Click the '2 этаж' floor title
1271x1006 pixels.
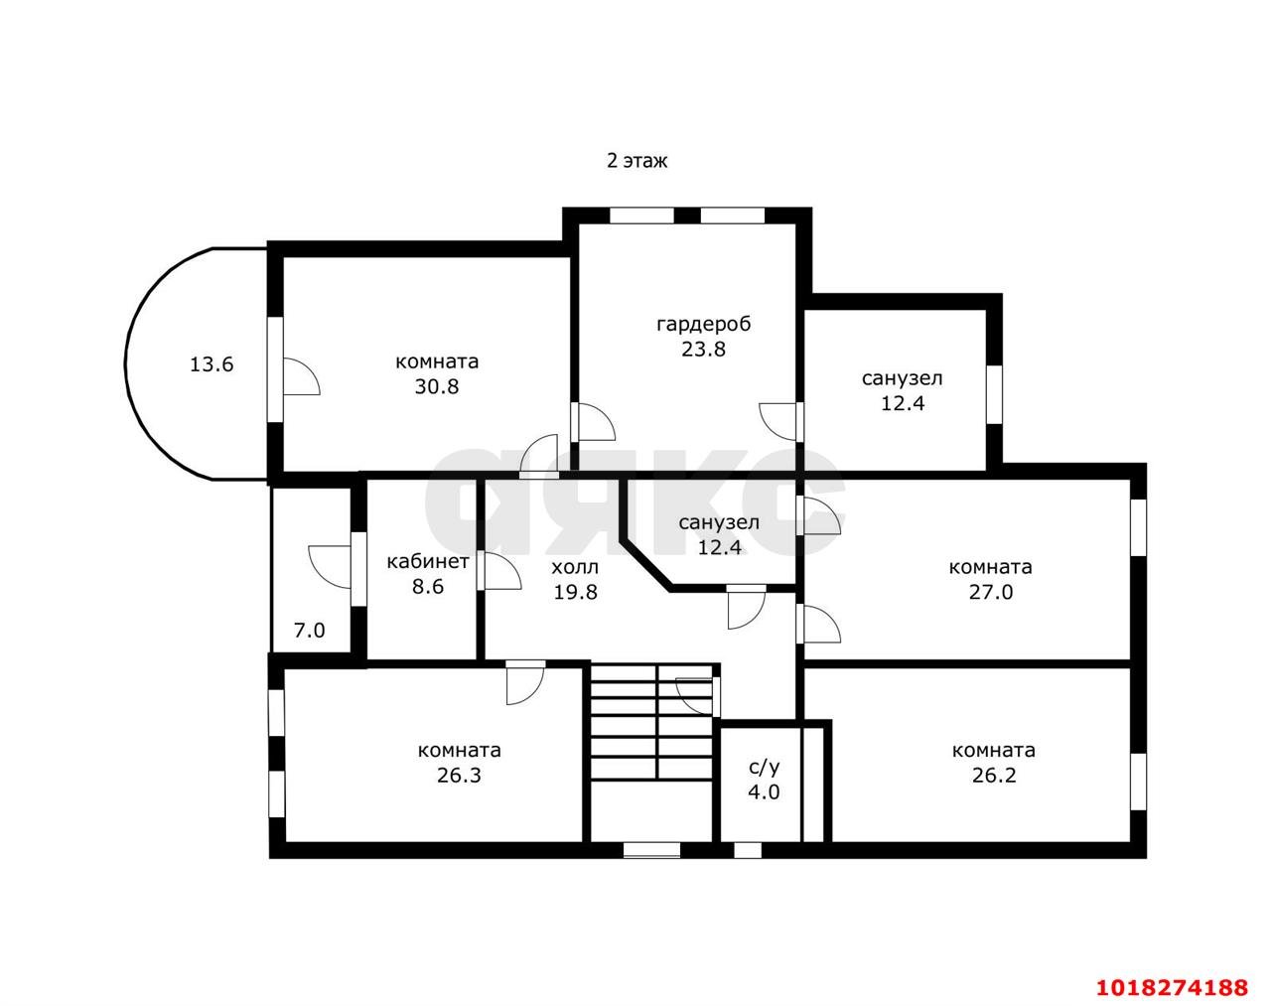click(636, 161)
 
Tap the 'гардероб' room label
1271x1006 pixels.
click(703, 324)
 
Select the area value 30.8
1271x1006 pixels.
click(437, 386)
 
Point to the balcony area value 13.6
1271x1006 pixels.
click(212, 363)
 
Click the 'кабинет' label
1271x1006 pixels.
click(428, 561)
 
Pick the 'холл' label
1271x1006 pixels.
click(575, 567)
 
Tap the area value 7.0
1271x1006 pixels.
click(310, 631)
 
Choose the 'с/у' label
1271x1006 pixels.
click(764, 767)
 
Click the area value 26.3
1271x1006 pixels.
click(459, 775)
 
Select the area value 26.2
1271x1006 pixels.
click(994, 775)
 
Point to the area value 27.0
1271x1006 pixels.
click(991, 591)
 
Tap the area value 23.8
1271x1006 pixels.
click(703, 349)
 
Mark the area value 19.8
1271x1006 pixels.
click(575, 591)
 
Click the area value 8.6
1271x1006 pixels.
click(428, 586)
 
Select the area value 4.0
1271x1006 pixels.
click(764, 791)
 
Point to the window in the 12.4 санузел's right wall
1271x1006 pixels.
click(995, 394)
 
